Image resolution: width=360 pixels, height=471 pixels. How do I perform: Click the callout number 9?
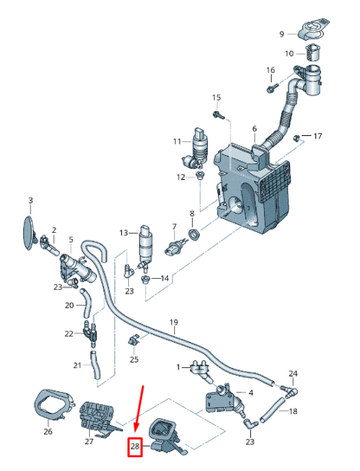point(281,34)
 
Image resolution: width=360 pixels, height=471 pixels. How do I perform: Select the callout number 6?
point(254,129)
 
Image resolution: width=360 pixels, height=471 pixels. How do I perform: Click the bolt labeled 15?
point(219,115)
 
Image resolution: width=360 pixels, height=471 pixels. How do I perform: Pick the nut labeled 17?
point(295,139)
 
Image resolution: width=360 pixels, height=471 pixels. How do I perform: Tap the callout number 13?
point(124,233)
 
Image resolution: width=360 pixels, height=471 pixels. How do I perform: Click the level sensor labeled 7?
point(176,248)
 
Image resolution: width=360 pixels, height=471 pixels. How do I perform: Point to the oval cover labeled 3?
point(29,233)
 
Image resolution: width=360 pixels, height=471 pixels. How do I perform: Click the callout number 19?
point(174,323)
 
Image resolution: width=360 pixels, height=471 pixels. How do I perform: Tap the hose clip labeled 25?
point(133,341)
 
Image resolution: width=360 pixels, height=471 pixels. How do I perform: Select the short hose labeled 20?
point(86,303)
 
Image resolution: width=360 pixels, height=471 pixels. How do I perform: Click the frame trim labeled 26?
point(54,404)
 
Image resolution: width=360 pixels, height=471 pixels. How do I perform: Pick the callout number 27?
point(89,442)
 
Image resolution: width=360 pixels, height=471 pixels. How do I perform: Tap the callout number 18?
point(293,410)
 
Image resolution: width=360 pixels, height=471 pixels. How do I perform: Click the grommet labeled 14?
point(145,279)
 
